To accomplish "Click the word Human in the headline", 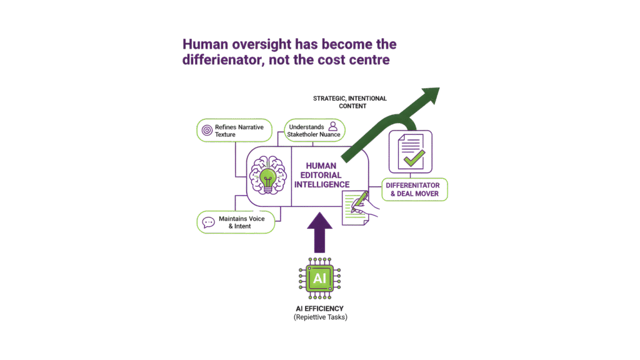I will [x=204, y=45].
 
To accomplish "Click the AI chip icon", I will [x=319, y=277].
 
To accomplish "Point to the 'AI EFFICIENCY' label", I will [x=320, y=309].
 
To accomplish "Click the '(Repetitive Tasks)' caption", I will [x=320, y=317].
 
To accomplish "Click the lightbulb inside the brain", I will [x=267, y=178].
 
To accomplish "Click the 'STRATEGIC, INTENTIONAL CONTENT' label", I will [x=349, y=102].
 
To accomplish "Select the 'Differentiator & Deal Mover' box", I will [x=414, y=189].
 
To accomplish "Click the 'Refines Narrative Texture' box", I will [x=234, y=131].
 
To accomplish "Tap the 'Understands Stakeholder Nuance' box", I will [x=314, y=131].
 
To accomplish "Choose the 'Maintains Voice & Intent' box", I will [x=236, y=222].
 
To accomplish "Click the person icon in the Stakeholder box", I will [x=333, y=127].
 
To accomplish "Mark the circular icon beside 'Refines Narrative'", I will [x=206, y=131].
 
